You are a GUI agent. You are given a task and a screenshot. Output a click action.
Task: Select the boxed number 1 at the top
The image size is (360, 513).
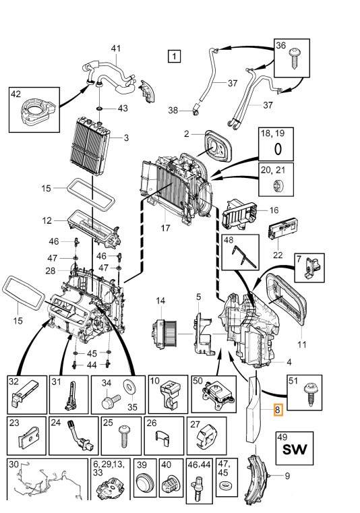(175, 57)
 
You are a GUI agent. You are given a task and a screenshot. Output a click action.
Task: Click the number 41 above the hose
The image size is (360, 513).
(115, 49)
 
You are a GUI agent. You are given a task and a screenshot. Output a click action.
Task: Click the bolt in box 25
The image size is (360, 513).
(123, 435)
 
